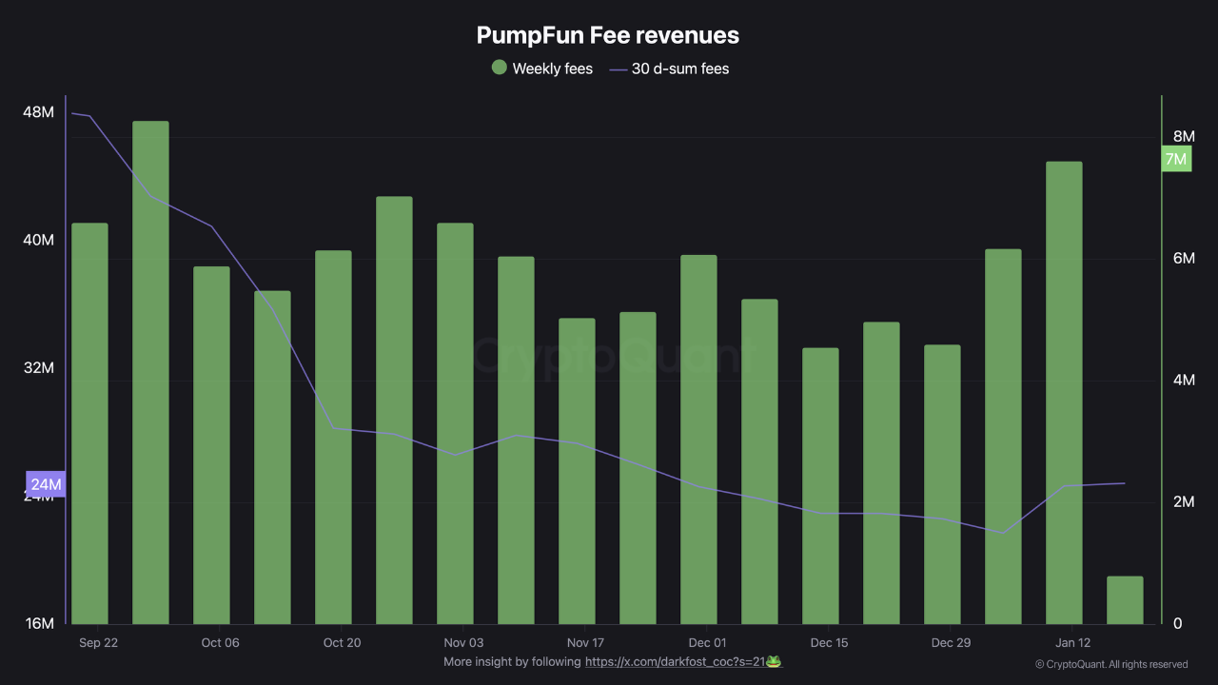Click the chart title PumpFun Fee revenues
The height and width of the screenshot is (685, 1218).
pyautogui.click(x=607, y=35)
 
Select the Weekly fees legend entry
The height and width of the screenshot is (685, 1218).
pyautogui.click(x=541, y=68)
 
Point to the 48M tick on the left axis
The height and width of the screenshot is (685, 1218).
pyautogui.click(x=38, y=112)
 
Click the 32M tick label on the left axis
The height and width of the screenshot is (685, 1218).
pyautogui.click(x=38, y=368)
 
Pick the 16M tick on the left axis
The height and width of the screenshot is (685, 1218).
pyautogui.click(x=38, y=623)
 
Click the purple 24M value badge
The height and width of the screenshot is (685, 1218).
pyautogui.click(x=46, y=484)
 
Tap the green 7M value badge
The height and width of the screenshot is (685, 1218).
pyautogui.click(x=1176, y=159)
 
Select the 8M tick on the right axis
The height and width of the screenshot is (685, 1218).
pyautogui.click(x=1183, y=137)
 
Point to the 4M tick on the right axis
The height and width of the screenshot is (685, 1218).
pyautogui.click(x=1183, y=381)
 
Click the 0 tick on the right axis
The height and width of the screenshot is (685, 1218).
pyautogui.click(x=1178, y=623)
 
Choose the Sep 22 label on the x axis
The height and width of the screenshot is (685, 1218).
pyautogui.click(x=98, y=643)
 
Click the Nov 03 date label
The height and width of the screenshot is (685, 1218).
pyautogui.click(x=463, y=643)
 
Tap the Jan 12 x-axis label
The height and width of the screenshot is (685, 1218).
pyautogui.click(x=1072, y=643)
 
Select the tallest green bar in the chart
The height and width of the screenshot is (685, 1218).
pyautogui.click(x=150, y=371)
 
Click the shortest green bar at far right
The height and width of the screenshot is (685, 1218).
pyautogui.click(x=1125, y=600)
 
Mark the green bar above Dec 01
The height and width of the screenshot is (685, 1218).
pyautogui.click(x=698, y=439)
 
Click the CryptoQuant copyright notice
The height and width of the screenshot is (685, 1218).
pyautogui.click(x=1110, y=664)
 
